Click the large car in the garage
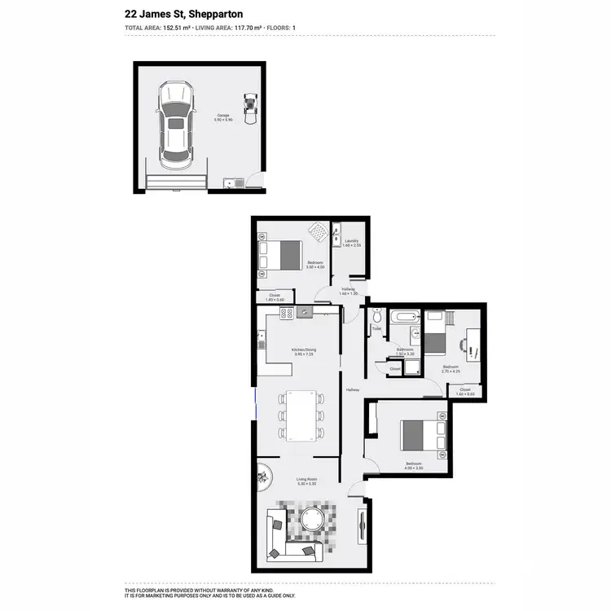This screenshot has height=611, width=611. (176, 122)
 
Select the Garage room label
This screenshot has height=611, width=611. (222, 116)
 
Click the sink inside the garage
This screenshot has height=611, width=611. (234, 183)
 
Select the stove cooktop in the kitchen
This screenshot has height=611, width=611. (287, 313)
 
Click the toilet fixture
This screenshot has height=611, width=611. (376, 317)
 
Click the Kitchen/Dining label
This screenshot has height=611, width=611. (305, 350)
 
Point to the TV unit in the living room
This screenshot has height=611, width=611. (362, 526)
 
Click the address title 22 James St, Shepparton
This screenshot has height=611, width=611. (184, 14)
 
